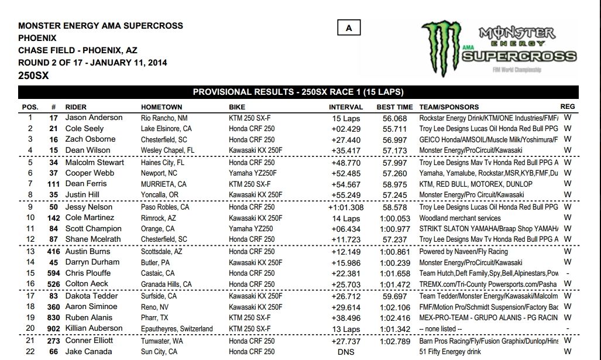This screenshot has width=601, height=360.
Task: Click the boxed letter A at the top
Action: (x=349, y=28)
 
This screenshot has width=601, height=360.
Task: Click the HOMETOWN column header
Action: (x=162, y=107)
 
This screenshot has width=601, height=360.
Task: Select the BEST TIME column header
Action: (x=394, y=107)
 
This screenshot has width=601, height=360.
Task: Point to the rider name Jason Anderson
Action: (x=94, y=118)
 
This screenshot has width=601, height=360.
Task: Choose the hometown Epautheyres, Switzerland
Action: (x=177, y=329)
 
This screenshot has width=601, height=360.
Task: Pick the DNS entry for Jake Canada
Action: (x=347, y=351)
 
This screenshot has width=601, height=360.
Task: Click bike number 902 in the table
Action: (x=54, y=329)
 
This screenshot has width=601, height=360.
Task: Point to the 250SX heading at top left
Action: (x=33, y=76)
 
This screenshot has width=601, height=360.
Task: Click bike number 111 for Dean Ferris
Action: (x=54, y=184)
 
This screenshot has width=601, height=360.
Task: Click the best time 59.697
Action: (x=391, y=296)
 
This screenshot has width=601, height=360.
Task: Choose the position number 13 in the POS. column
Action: (x=30, y=252)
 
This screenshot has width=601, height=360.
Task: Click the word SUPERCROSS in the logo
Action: (x=518, y=57)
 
